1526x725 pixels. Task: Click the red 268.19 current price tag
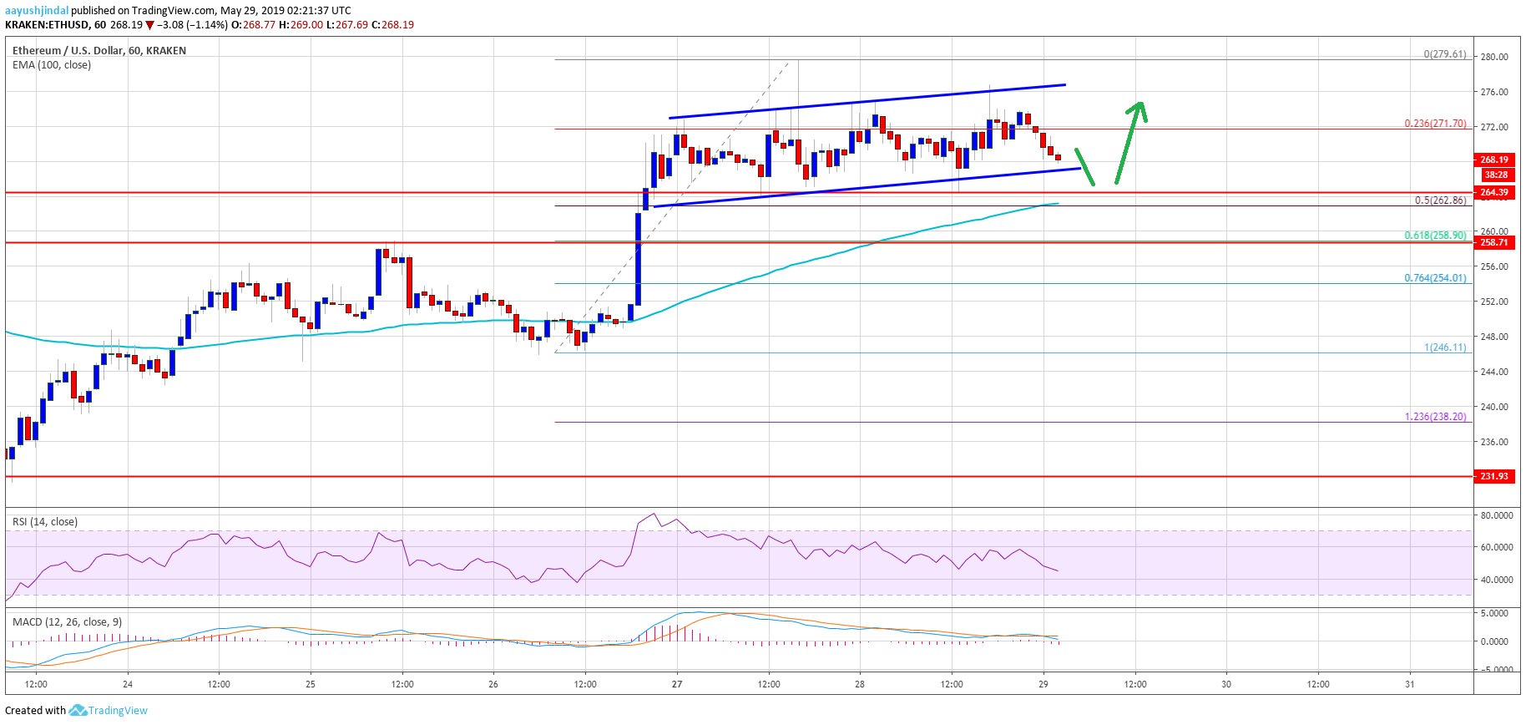tap(1494, 160)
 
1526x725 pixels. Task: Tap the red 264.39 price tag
tap(1494, 192)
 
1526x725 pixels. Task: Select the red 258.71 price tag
tap(1494, 242)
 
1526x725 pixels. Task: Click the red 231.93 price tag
tap(1494, 476)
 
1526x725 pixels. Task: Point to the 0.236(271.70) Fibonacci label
tap(1435, 123)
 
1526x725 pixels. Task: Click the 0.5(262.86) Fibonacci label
tap(1440, 200)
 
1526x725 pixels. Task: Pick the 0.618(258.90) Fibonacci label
tap(1435, 236)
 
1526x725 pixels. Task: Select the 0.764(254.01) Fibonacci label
tap(1435, 278)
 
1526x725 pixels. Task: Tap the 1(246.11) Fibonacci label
tap(1445, 347)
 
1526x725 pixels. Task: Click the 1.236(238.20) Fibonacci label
tap(1435, 417)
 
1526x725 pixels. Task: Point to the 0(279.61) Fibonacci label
tap(1444, 54)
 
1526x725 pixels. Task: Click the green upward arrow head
tap(1139, 108)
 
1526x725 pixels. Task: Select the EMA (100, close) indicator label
tap(52, 65)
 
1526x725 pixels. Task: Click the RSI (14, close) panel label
tap(45, 522)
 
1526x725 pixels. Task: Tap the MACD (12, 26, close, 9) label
tap(67, 622)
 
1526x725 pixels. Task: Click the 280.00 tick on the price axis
tap(1494, 57)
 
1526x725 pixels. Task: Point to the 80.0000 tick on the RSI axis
tap(1496, 516)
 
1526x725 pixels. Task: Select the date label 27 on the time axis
tap(677, 684)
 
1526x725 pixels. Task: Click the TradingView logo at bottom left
tap(108, 711)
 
